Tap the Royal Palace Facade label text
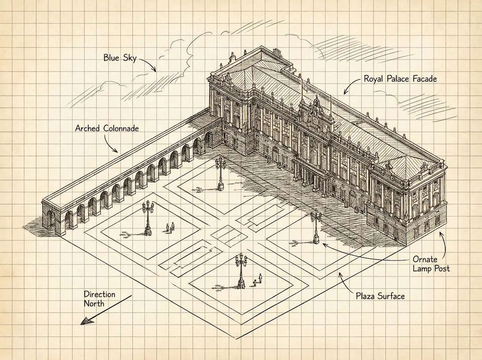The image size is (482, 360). pos(400,79)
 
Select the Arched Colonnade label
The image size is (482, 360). pos(107,129)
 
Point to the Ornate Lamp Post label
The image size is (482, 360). pos(431,264)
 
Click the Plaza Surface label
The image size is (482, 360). pos(380,295)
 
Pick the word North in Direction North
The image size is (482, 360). pos(94,304)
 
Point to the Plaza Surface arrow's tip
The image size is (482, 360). pos(339,273)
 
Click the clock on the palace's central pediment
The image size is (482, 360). pos(316,119)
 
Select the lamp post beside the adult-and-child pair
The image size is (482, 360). pos(241,270)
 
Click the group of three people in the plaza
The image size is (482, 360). pos(170,227)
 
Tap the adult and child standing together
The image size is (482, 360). pos(258,280)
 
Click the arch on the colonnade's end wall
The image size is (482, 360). pos(50,221)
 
